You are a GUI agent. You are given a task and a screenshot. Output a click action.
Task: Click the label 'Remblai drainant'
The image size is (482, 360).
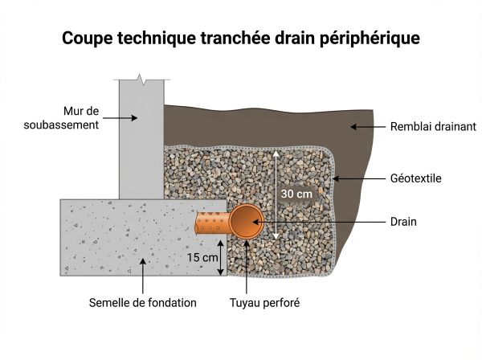pos(433,126)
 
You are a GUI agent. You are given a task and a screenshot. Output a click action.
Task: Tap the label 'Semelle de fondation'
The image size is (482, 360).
pos(143,303)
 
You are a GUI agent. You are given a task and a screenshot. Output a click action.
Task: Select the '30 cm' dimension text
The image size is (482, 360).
pos(296,194)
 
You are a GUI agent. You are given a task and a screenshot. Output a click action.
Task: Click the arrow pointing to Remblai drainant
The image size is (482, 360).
pos(366,126)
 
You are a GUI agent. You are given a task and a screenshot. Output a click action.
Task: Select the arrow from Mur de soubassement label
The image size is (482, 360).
pos(121,117)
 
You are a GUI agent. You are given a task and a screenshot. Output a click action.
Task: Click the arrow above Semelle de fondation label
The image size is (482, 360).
pos(143,274)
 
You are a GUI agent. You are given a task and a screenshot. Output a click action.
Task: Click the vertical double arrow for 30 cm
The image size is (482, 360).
pos(276,194)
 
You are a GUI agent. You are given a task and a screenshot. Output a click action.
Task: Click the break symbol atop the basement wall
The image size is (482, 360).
pos(142,80)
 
